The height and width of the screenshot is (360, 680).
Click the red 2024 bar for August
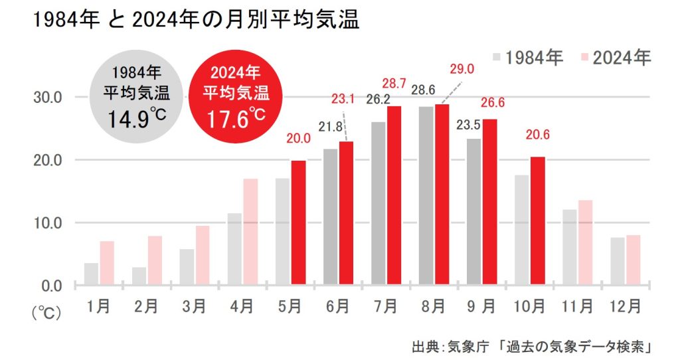[x=442, y=195]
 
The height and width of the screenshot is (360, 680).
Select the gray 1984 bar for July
[x=379, y=203]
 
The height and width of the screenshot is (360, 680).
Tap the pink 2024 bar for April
[x=250, y=232]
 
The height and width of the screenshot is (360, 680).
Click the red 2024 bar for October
[x=537, y=221]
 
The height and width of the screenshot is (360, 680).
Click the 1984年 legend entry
[x=527, y=58]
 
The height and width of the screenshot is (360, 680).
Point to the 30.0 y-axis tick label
[x=47, y=98]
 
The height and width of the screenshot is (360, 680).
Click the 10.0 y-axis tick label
[x=47, y=223]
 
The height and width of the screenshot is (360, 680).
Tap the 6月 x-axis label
[x=337, y=307]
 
